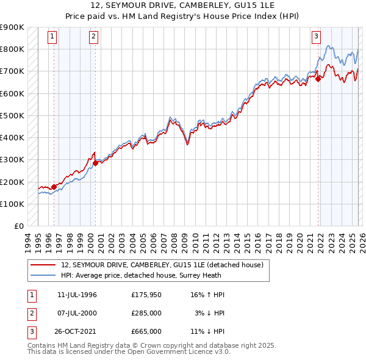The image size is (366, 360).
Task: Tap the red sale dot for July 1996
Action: coord(54,187)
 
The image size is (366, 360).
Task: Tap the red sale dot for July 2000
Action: coord(95,162)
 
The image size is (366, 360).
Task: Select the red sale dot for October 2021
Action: coord(318,78)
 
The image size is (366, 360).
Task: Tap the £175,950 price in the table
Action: coord(146,295)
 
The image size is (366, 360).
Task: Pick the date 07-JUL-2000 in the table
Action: coord(77,313)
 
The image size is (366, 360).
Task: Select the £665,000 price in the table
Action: coord(146,331)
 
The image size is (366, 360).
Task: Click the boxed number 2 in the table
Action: coord(30,313)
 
